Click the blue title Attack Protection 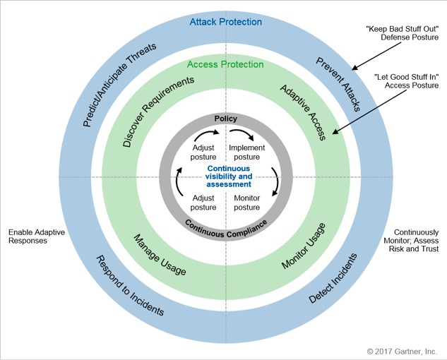click(226, 22)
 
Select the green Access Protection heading click(225, 64)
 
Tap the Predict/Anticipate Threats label click(119, 85)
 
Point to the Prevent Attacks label click(338, 84)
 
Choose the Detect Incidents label click(333, 278)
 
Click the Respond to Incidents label click(130, 285)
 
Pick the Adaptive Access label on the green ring click(303, 112)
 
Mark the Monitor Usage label click(304, 246)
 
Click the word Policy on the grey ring click(226, 119)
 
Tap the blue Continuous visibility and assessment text click(229, 176)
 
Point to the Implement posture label click(247, 152)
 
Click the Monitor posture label click(247, 203)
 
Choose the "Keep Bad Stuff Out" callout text click(403, 33)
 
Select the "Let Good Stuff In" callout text click(406, 81)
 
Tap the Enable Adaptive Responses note click(37, 236)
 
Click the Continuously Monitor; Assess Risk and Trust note click(411, 241)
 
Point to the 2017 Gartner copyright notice click(402, 352)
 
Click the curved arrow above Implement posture click(242, 133)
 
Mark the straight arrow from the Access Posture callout click(369, 112)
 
